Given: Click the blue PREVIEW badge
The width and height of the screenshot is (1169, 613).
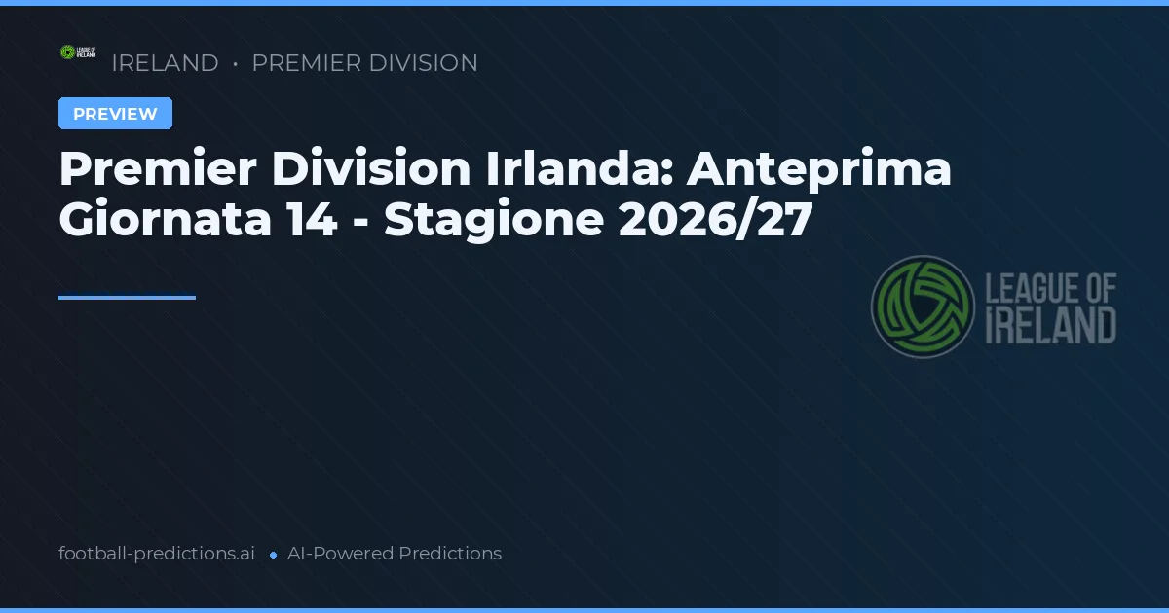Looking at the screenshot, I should (x=115, y=114).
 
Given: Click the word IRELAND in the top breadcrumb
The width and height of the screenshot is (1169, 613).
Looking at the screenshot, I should (x=165, y=63).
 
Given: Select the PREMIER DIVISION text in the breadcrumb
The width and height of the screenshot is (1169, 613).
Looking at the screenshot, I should (x=364, y=63).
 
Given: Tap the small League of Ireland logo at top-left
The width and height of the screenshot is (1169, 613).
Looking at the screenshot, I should (x=78, y=53).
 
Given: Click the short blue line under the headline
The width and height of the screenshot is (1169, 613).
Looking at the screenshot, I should (x=127, y=298).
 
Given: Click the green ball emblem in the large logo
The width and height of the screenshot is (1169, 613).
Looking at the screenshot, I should (x=923, y=306).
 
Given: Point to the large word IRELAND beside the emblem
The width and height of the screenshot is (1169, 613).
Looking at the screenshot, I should (x=1051, y=325).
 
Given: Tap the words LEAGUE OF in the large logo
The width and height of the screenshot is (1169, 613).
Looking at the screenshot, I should (x=1051, y=288).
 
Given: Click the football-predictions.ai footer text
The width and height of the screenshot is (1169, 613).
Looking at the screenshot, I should (x=157, y=554).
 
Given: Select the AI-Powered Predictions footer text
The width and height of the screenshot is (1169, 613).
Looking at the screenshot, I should (x=395, y=554).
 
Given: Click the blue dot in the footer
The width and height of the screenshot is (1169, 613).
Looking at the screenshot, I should (x=274, y=555).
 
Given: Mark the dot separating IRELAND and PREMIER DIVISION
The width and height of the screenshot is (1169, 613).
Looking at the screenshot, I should (x=236, y=64).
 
